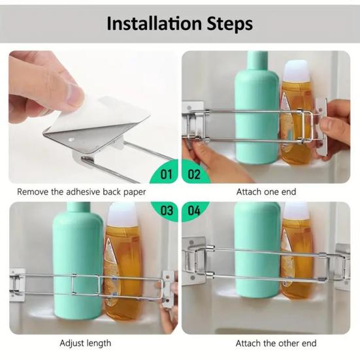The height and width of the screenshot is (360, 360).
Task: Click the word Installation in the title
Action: click(154, 24)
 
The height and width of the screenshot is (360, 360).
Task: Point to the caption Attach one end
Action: click(266, 191)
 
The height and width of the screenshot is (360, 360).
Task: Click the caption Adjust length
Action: click(86, 343)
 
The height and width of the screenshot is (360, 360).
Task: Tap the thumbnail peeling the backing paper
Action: click(93, 117)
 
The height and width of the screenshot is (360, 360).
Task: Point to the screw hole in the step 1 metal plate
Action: click(71, 139)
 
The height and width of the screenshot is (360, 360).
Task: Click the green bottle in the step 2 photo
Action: click(257, 108)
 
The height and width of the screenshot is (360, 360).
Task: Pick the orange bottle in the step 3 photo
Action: click(123, 262)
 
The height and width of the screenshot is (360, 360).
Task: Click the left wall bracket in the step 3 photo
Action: click(17, 285)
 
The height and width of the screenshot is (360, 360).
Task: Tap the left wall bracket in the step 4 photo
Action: click(193, 261)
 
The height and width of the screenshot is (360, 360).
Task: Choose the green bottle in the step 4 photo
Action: click(257, 250)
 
